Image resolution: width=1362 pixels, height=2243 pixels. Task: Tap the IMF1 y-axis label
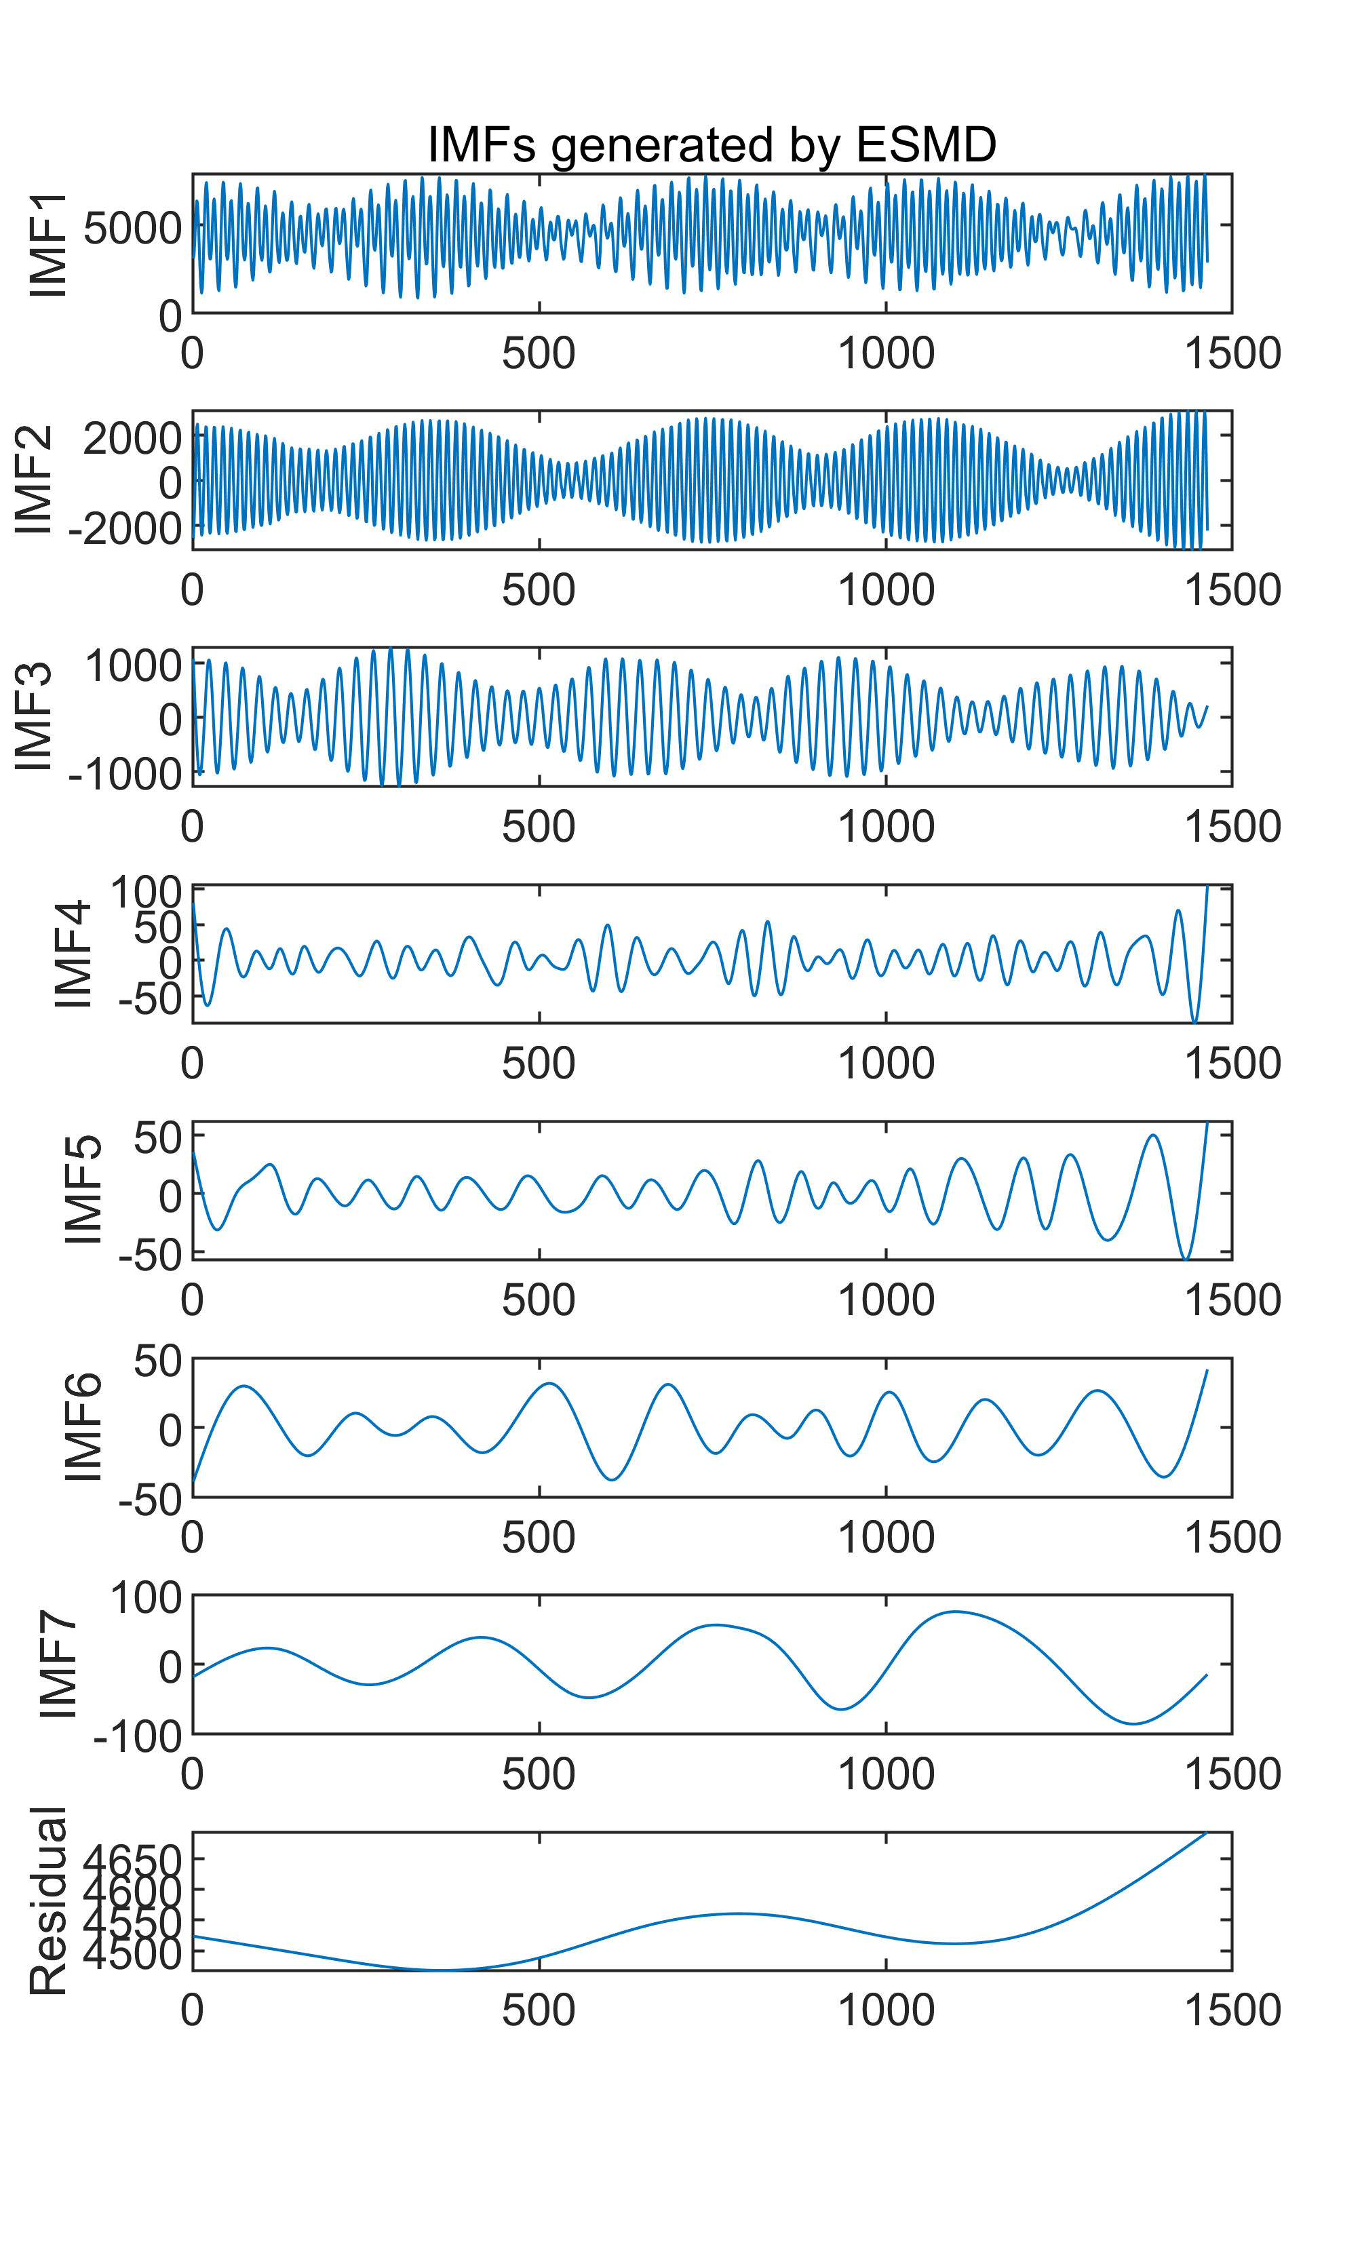click(48, 244)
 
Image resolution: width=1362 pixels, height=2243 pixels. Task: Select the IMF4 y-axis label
click(73, 954)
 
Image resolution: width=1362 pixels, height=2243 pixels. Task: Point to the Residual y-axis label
click(48, 1900)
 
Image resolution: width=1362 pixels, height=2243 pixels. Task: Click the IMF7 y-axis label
click(59, 1664)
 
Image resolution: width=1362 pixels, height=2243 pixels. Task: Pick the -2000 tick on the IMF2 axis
click(125, 528)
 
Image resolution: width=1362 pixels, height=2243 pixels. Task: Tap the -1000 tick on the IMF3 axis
click(125, 774)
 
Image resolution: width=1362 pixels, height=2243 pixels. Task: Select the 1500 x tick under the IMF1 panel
click(1232, 353)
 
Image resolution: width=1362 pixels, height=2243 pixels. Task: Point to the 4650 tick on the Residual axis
click(133, 1860)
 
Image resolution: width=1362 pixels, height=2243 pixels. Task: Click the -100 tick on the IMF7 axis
click(138, 1737)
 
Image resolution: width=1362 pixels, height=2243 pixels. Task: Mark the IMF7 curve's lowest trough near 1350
click(1133, 1723)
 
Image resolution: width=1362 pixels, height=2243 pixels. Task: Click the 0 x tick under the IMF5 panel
click(192, 1300)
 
